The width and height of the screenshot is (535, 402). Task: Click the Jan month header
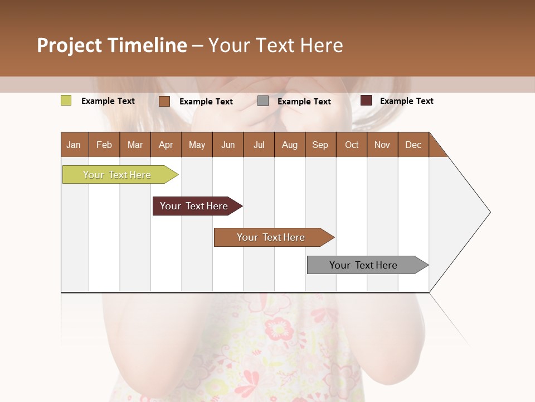[74, 145]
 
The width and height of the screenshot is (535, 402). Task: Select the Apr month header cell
[166, 145]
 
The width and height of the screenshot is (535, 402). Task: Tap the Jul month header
[259, 145]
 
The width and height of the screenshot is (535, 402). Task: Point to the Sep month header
[320, 145]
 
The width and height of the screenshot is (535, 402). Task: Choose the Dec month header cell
[413, 145]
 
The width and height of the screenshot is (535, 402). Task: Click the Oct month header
[351, 145]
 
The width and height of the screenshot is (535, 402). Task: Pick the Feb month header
[104, 145]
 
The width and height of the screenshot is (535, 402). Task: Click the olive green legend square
[66, 100]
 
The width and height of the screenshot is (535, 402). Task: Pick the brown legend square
[164, 101]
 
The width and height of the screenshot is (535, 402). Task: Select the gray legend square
[262, 101]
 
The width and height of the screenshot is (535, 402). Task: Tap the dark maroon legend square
[366, 100]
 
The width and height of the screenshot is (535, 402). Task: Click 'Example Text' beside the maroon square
[406, 101]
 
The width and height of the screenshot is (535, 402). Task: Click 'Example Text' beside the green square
[108, 101]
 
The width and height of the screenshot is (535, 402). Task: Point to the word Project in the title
[69, 45]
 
